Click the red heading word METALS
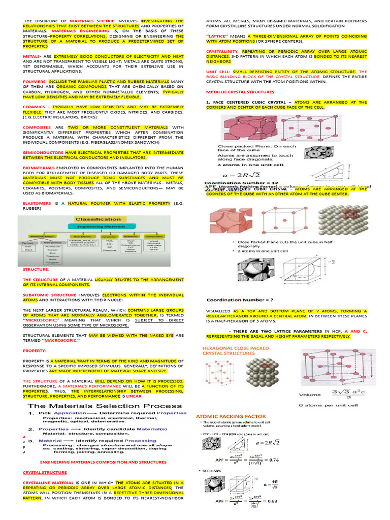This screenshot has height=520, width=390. click(31, 57)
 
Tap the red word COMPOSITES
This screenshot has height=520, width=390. click(37, 127)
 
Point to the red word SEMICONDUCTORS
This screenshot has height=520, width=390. click(43, 152)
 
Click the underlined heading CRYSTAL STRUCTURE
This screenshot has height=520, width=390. click(45, 472)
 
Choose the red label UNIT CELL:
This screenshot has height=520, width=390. click(219, 72)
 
